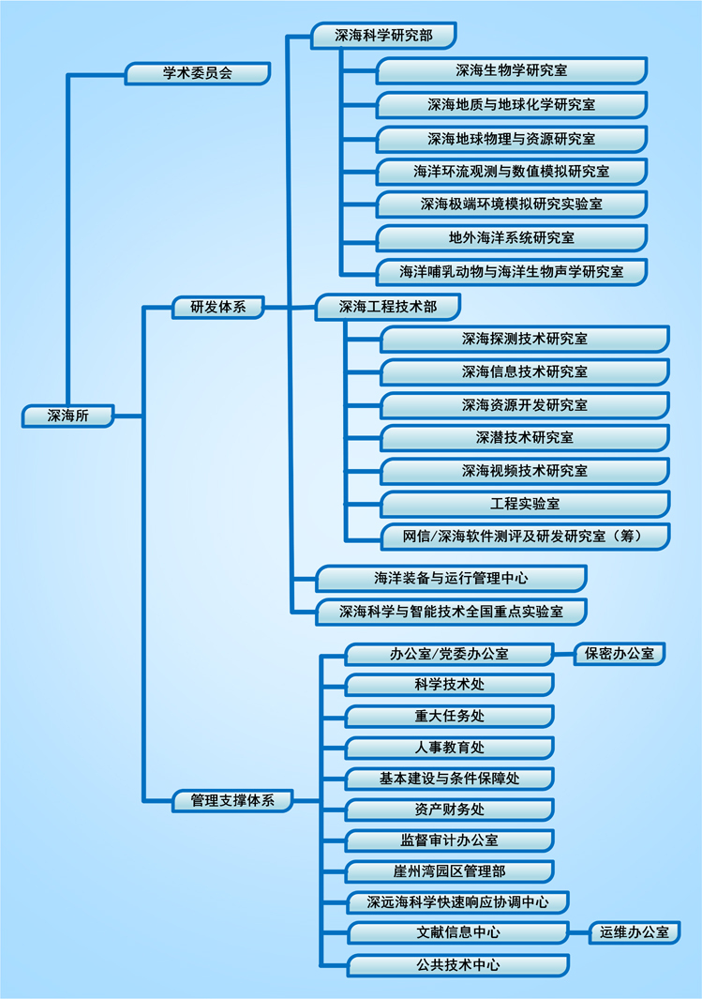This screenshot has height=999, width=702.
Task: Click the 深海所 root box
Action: point(67,416)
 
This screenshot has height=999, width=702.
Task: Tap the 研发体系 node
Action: point(218,306)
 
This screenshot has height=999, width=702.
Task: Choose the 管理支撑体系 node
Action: point(232,800)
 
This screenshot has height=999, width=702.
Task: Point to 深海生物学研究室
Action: point(511,70)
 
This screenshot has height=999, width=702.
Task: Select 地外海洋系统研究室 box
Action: point(511,238)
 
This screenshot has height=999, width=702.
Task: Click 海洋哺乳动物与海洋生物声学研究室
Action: point(511,272)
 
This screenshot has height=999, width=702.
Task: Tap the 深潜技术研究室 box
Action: point(524,437)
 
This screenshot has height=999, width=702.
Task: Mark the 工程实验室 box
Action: point(524,504)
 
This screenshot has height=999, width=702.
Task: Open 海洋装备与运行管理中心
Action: point(451,578)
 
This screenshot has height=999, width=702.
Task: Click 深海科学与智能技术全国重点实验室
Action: point(451,612)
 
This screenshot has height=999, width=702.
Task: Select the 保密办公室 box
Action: point(620,654)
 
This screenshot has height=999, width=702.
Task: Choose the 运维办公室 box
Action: point(635,932)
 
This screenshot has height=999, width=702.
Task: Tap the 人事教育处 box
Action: point(449,748)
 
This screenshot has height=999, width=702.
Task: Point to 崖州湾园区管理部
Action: point(449,871)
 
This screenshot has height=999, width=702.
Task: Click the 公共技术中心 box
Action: point(457,964)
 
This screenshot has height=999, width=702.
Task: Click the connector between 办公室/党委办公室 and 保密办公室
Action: point(564,654)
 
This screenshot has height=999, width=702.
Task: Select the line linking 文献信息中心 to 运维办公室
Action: point(579,932)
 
